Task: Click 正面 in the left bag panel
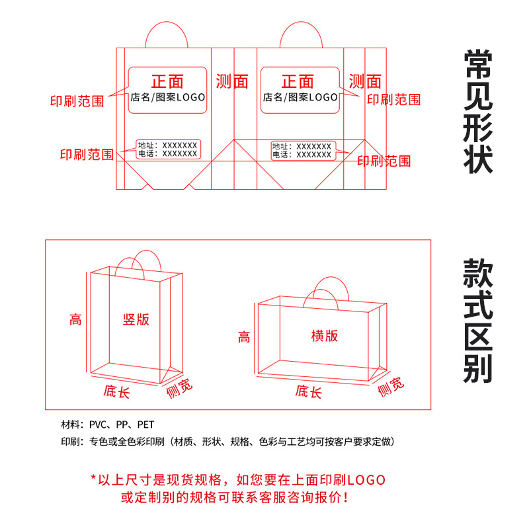[167, 81]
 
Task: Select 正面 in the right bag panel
[298, 81]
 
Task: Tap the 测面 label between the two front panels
[232, 81]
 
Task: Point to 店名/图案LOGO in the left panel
[167, 97]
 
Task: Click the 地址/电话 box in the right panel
[303, 150]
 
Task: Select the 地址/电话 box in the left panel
[169, 149]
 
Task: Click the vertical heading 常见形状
[478, 111]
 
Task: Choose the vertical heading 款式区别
[478, 321]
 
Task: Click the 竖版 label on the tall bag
[136, 319]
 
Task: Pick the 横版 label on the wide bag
[325, 335]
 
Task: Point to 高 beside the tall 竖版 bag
[75, 321]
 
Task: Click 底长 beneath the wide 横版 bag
[309, 391]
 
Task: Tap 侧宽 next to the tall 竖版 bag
[179, 388]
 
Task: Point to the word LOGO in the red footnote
[366, 479]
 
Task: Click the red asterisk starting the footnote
[93, 478]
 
